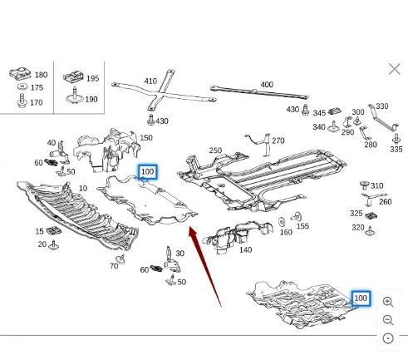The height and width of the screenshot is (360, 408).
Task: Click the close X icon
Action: [395, 69]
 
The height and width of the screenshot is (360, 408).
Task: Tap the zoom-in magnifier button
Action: [388, 302]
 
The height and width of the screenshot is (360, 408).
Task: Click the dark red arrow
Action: [204, 266]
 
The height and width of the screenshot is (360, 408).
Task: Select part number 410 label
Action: [150, 81]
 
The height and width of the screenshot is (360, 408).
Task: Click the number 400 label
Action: [267, 85]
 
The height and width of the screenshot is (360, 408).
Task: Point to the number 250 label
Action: [215, 150]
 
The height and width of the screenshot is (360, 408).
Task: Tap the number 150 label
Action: [146, 138]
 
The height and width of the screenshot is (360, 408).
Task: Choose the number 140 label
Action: [245, 250]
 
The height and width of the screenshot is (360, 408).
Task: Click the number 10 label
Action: [83, 189]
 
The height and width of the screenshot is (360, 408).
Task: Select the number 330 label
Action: [382, 106]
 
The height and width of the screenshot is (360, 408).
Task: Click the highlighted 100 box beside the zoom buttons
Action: [361, 298]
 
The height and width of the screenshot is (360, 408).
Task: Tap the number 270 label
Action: [278, 141]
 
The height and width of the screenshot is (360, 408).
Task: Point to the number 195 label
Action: [92, 78]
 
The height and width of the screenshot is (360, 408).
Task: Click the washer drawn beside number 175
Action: [22, 86]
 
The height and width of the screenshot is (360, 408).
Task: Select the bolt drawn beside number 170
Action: [22, 101]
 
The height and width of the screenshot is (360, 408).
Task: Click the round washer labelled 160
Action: [282, 222]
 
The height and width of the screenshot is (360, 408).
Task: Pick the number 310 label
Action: [377, 185]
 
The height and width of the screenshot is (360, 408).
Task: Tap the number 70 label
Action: [114, 266]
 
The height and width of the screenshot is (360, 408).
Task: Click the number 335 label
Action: [396, 150]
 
